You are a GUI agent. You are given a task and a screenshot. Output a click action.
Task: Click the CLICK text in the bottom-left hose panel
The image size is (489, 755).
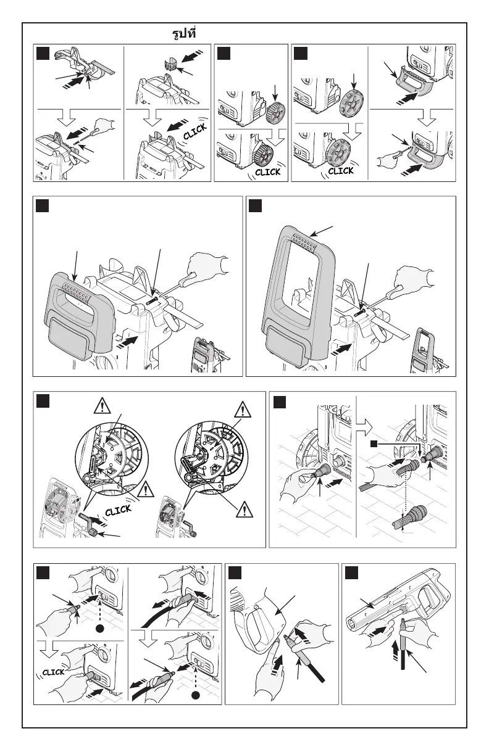pos(54,672)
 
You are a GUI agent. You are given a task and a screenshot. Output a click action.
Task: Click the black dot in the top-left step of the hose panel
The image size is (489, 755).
pos(98,630)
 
